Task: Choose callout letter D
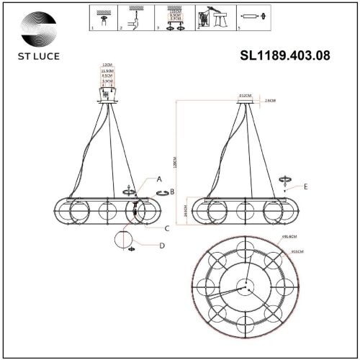(162, 246)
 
